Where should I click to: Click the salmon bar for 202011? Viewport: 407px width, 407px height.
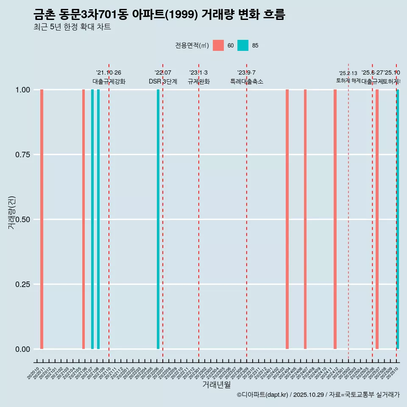pos(42,219)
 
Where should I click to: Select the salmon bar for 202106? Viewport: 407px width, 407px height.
pos(84,219)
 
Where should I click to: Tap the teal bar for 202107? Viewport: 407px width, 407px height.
pos(92,219)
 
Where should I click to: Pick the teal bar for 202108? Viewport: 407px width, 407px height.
pos(98,219)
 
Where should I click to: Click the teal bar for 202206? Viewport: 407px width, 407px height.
pos(158,219)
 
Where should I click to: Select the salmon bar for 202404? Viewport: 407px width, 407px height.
pos(287,219)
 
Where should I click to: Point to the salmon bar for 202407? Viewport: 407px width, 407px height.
pos(305,219)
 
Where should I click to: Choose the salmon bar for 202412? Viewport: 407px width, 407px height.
pos(335,219)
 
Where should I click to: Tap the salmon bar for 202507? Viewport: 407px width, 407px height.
pos(377,219)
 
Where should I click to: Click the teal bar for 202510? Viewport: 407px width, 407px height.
pos(398,219)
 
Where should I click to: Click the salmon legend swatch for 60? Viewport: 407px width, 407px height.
pos(218,45)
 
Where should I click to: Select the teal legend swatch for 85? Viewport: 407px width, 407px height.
pos(243,45)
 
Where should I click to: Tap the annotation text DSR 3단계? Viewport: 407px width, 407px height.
pos(163,81)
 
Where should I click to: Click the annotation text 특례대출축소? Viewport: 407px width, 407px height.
pos(247,81)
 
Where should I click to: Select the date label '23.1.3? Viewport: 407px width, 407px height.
pos(198,73)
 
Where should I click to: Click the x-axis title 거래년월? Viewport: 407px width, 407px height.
pos(216,385)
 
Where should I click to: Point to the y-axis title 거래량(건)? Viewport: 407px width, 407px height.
pos(12,213)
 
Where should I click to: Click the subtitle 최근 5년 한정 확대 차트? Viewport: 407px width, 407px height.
pos(72,27)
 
